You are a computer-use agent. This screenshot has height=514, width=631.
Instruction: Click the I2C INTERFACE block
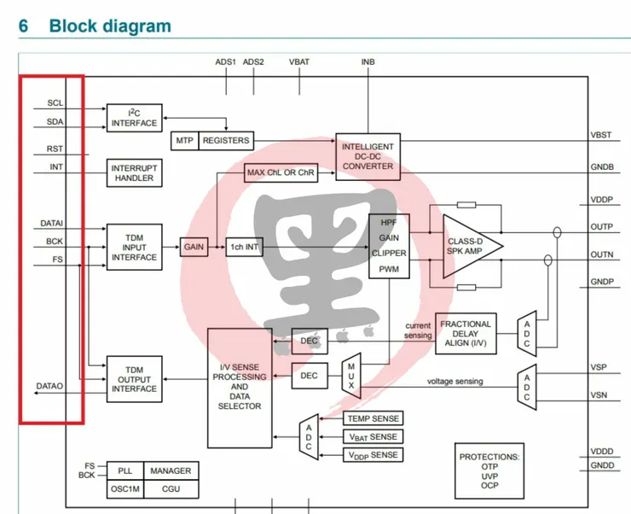tap(134, 118)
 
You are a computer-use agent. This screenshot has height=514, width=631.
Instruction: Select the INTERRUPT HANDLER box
tap(134, 172)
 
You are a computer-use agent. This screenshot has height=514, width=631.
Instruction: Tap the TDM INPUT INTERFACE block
tap(134, 247)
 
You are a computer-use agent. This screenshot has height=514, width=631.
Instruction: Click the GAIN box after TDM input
tap(194, 247)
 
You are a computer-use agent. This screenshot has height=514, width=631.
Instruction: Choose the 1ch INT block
tap(242, 248)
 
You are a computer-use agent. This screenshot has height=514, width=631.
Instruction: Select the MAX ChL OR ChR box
tap(281, 172)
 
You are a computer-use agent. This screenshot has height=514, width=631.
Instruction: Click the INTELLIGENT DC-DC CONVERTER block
tap(368, 156)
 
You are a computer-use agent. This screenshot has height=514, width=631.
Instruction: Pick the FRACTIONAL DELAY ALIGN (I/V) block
tap(465, 334)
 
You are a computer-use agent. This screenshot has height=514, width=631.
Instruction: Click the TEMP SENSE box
tap(373, 418)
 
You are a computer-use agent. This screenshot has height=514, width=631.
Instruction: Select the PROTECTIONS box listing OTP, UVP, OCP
tap(489, 470)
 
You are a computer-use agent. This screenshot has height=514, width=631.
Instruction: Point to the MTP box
tap(184, 140)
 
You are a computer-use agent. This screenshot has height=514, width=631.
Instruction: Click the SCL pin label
tap(55, 103)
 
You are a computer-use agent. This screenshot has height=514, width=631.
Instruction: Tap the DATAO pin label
tap(49, 387)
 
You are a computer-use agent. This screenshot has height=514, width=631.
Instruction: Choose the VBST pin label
tap(602, 136)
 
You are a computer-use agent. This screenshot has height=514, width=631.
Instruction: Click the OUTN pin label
tap(602, 254)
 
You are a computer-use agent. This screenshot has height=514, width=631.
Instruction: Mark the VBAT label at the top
tap(299, 62)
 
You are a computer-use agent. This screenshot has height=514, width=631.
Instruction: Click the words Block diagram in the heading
tap(110, 26)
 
